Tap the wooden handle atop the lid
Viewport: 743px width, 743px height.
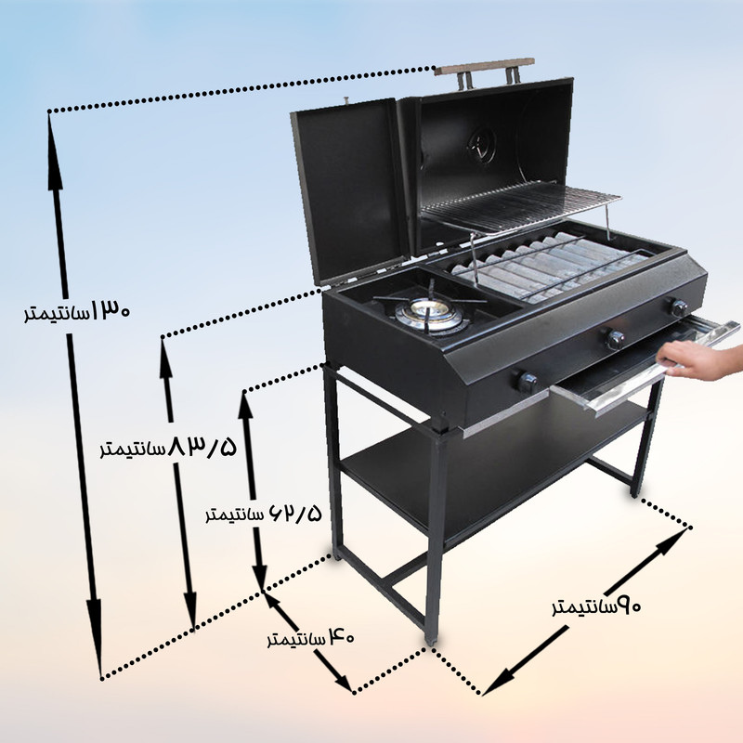tap(485, 68)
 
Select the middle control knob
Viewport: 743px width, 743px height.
tap(615, 339)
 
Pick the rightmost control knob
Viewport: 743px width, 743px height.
tap(679, 306)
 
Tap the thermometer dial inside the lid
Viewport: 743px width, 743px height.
tap(480, 143)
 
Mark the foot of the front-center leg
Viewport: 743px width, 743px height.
tap(431, 638)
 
